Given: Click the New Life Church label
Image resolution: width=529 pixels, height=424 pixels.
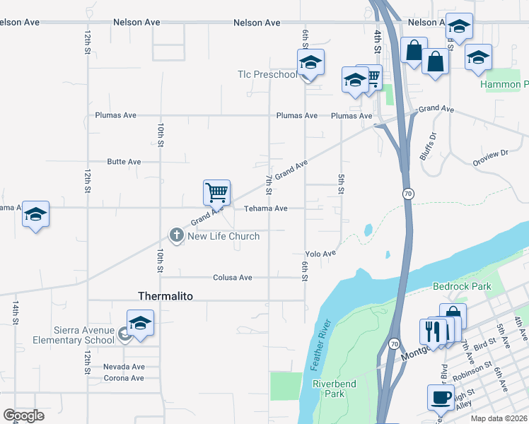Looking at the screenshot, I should click(223, 236).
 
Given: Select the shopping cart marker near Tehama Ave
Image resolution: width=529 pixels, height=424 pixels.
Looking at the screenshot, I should click(216, 192).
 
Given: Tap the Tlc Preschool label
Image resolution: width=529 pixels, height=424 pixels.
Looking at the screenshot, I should click(267, 74).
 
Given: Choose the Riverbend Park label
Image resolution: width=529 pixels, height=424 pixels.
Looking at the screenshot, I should click(328, 389).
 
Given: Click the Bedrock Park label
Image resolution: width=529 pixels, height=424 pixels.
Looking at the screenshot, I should click(461, 287).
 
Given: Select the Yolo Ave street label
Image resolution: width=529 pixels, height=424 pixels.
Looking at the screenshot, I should click(320, 253).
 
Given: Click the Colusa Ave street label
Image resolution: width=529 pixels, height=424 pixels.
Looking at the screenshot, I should click(232, 278).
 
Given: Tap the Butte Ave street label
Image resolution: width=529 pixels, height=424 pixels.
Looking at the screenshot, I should click(124, 162).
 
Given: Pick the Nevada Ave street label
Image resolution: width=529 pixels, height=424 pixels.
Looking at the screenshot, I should click(124, 367).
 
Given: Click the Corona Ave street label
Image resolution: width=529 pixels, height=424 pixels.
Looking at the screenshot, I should click(124, 378).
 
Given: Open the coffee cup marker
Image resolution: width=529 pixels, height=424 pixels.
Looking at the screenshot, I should click(441, 396).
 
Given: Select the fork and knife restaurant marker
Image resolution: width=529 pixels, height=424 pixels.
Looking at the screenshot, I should click(432, 331).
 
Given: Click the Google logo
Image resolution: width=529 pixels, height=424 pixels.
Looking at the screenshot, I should click(23, 416).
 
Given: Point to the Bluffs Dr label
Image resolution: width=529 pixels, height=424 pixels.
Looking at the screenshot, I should click(428, 146).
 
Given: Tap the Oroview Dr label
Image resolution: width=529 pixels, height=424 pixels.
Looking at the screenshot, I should click(491, 156).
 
